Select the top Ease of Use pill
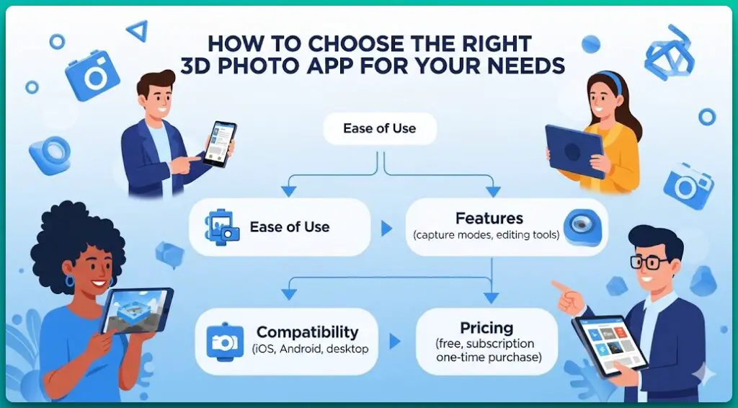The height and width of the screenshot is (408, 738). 379,128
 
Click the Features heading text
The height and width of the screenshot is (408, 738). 489,218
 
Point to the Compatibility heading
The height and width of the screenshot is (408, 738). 307,332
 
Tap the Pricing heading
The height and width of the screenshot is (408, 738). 486,328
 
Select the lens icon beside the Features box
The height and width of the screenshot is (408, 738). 579,227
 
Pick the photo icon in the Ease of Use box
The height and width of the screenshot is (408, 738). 222,226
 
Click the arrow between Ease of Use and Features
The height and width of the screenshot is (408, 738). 386,229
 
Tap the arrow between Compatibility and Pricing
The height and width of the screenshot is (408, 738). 395,340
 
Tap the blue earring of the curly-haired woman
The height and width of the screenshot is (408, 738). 70,281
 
